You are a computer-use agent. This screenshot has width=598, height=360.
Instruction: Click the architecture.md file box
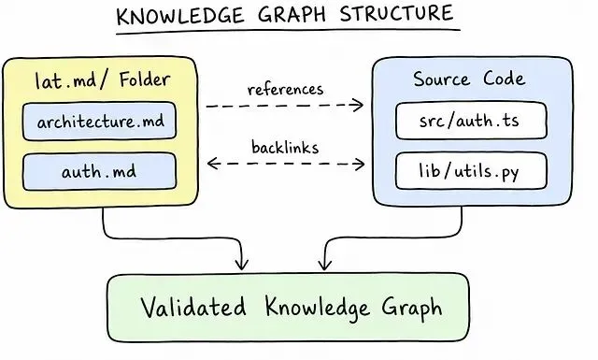coord(99,122)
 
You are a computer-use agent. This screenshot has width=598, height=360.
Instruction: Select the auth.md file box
coord(99,171)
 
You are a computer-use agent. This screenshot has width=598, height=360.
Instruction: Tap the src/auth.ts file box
coord(471,121)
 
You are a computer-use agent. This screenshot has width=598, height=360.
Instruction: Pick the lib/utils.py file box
coord(471,170)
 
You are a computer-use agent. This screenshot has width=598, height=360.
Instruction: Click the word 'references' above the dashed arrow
coord(285,90)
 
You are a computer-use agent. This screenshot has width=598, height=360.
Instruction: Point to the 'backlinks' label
coord(285,148)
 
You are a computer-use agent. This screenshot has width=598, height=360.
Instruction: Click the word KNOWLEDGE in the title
coord(180,16)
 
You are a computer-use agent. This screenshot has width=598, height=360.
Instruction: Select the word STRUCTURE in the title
coord(396,13)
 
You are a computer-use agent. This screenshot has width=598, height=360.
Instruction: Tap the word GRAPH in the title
coord(292,15)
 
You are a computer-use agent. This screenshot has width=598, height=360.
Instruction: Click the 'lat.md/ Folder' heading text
coord(102,79)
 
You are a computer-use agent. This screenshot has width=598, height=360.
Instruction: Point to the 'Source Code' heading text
coord(469,79)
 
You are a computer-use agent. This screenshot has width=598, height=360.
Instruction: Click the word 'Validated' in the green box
coord(193,306)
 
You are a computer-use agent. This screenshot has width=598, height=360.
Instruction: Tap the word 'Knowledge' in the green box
coord(318,308)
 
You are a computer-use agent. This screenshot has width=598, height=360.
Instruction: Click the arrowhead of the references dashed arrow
coord(358,105)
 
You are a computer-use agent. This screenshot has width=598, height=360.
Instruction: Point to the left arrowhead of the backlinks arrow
coord(213,164)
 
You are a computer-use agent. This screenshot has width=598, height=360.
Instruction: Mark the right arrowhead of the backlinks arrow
coord(359,165)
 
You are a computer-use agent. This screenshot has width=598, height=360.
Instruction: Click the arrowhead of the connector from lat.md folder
coord(241,265)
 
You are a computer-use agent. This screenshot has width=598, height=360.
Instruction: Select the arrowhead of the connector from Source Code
coord(324,265)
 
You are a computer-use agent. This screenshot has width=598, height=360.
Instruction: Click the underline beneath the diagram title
coord(288,31)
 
